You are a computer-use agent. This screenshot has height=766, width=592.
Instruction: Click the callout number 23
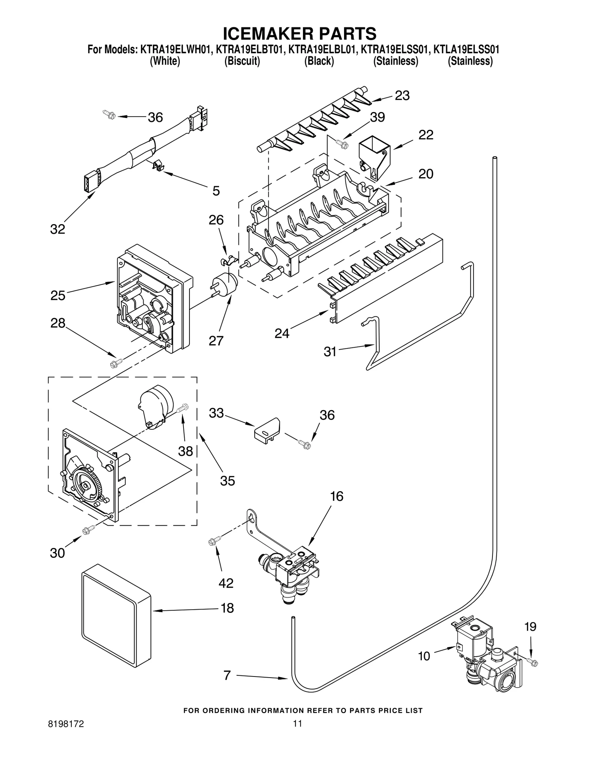click(x=402, y=95)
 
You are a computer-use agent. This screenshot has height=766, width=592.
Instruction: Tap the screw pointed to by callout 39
click(x=342, y=144)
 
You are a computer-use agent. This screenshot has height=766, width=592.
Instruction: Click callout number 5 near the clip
click(x=216, y=191)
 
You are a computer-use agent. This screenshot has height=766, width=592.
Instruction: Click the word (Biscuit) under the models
click(x=242, y=61)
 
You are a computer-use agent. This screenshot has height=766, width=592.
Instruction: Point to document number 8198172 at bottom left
click(x=68, y=734)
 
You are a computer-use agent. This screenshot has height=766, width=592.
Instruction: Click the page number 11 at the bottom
click(x=297, y=734)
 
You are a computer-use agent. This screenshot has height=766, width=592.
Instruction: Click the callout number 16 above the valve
click(x=336, y=497)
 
